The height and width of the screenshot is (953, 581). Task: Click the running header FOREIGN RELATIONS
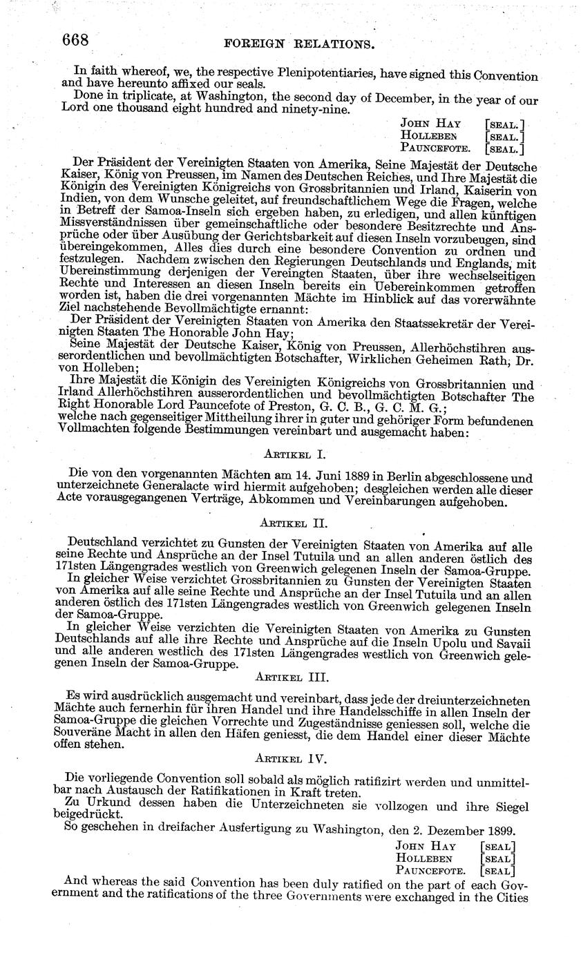pyautogui.click(x=300, y=44)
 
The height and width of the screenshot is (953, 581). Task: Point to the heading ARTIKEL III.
pyautogui.click(x=291, y=677)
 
